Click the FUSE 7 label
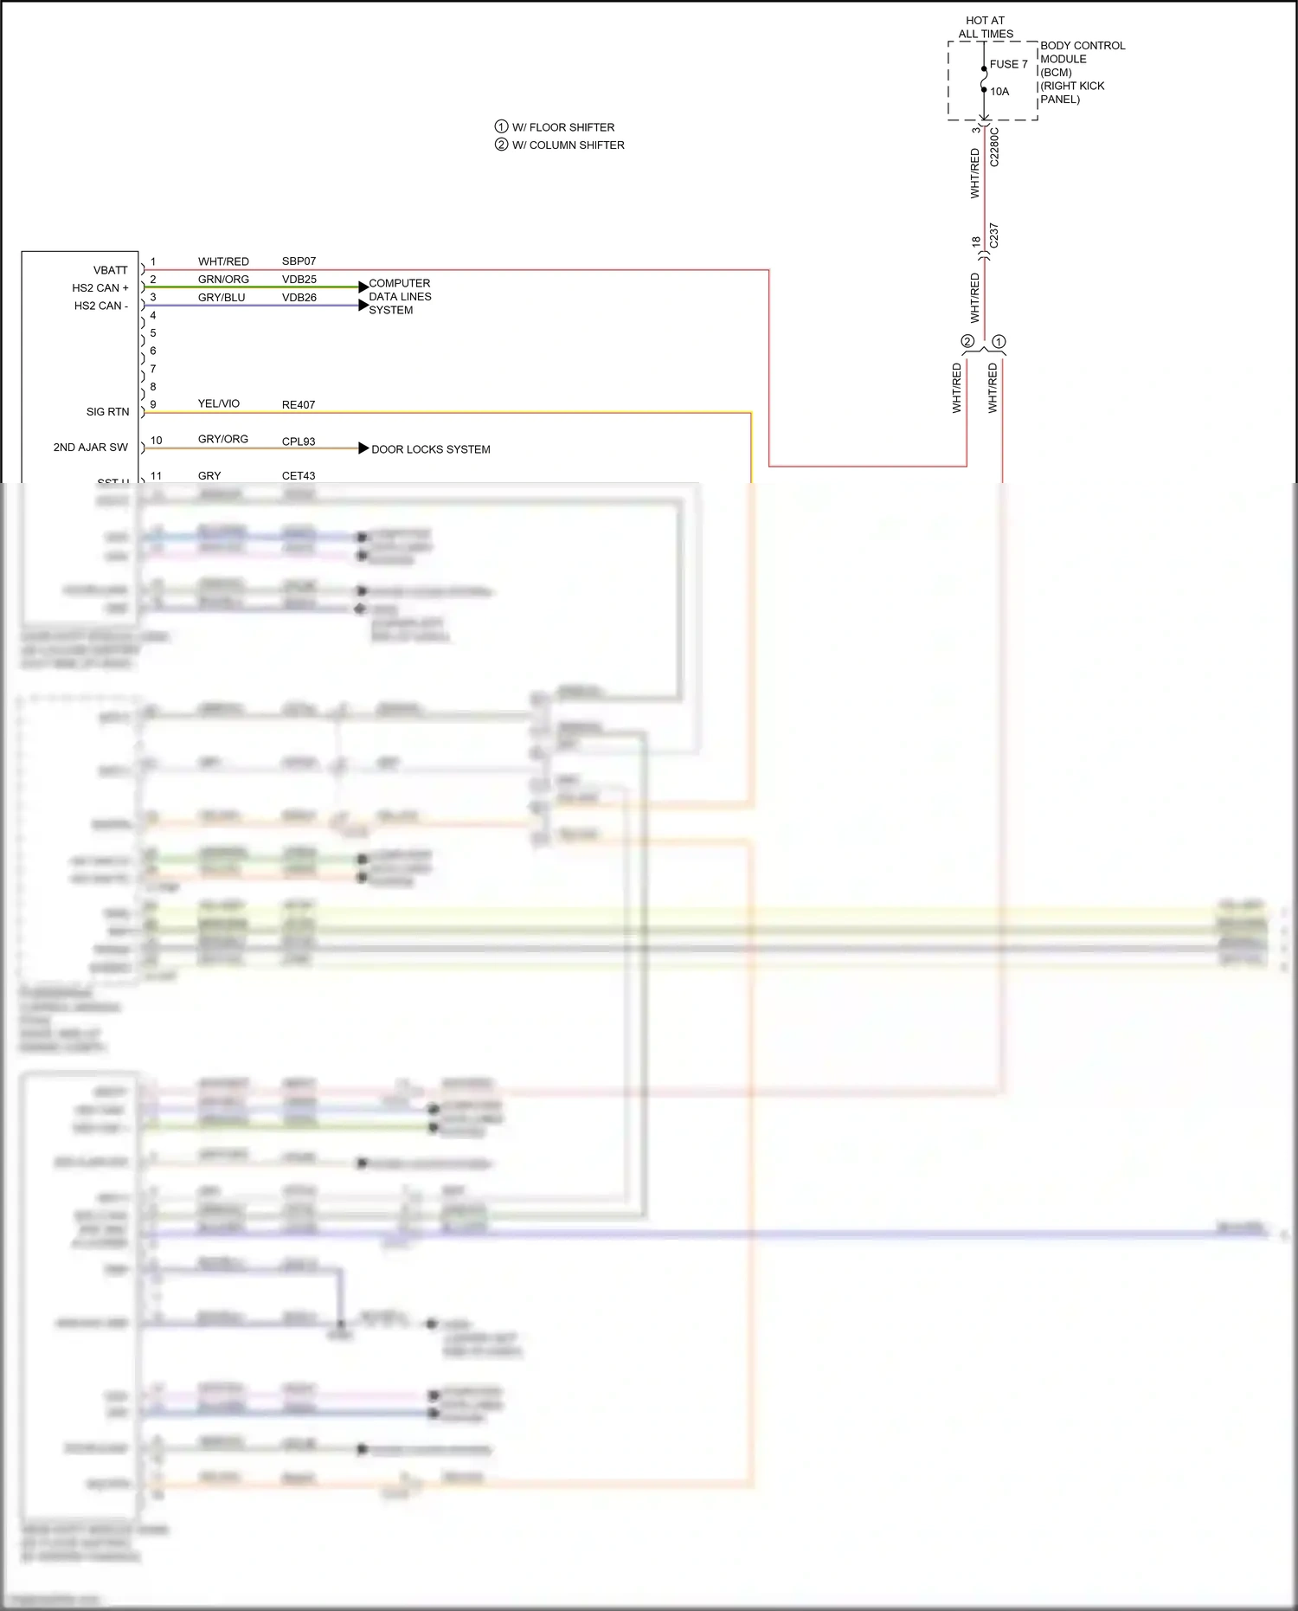[x=1008, y=64]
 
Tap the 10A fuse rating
[x=999, y=92]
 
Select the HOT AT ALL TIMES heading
[x=986, y=27]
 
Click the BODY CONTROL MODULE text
[x=1082, y=53]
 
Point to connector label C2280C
[x=994, y=148]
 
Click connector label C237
[x=993, y=235]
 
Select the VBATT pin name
[x=110, y=270]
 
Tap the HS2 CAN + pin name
[x=100, y=288]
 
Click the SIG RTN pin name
[x=107, y=412]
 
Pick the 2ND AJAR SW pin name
[x=90, y=448]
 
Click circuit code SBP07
[x=299, y=261]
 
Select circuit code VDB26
[x=299, y=298]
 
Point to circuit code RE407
[x=299, y=405]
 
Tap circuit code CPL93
[x=299, y=441]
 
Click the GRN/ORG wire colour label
[x=223, y=280]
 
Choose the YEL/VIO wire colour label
[x=218, y=404]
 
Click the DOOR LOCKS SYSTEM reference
[x=430, y=449]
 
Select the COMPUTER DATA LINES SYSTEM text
[x=400, y=297]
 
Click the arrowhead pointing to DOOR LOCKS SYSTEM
[x=363, y=448]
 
